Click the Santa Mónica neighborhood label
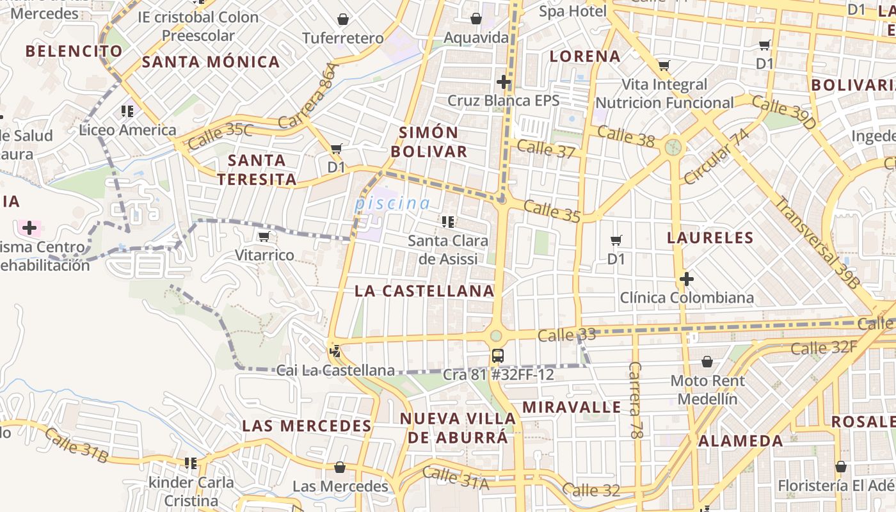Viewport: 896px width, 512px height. pyautogui.click(x=211, y=62)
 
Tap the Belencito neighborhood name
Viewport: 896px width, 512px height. pyautogui.click(x=74, y=51)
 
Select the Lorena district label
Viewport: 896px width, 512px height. pyautogui.click(x=585, y=56)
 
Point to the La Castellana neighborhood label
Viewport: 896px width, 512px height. pyautogui.click(x=424, y=291)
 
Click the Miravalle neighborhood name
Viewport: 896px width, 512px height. pyautogui.click(x=572, y=407)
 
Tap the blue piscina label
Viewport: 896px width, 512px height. pyautogui.click(x=393, y=204)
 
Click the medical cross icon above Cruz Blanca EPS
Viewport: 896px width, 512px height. pyautogui.click(x=504, y=82)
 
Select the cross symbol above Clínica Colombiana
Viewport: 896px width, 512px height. pyautogui.click(x=687, y=280)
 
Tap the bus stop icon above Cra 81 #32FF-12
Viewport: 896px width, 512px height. pyautogui.click(x=497, y=356)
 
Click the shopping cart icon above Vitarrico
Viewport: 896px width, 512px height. pyautogui.click(x=264, y=237)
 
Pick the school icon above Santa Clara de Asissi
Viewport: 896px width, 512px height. pyautogui.click(x=448, y=222)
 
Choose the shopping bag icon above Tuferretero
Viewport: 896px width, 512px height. pyautogui.click(x=343, y=20)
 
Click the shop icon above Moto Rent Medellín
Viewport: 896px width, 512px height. pyautogui.click(x=707, y=362)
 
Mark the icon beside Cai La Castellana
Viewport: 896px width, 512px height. pyautogui.click(x=334, y=351)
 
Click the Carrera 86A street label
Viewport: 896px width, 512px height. pyautogui.click(x=316, y=95)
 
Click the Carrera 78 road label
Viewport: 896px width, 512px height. pyautogui.click(x=635, y=400)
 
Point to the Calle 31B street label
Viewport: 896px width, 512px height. pyautogui.click(x=77, y=445)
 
